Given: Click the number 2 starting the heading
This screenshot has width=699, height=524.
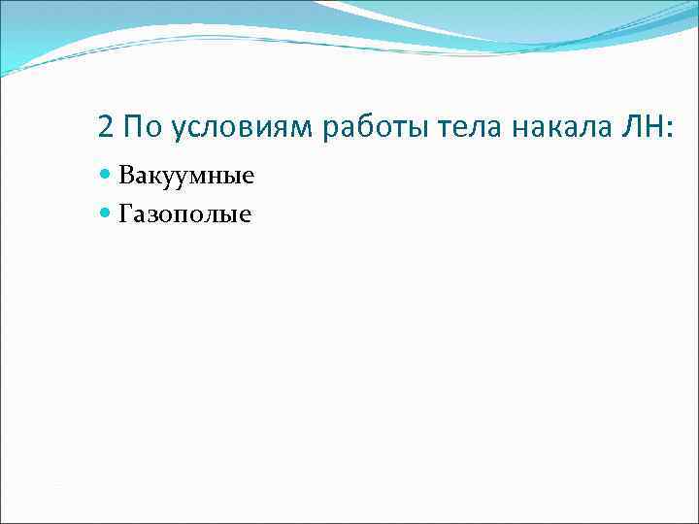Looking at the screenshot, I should [106, 127].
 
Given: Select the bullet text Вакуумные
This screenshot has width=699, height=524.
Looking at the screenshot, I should [186, 177].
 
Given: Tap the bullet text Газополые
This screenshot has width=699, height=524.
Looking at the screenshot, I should [184, 213].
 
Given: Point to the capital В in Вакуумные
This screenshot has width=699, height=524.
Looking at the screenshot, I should [126, 176].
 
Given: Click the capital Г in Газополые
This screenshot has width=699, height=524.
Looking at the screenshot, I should [125, 212].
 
